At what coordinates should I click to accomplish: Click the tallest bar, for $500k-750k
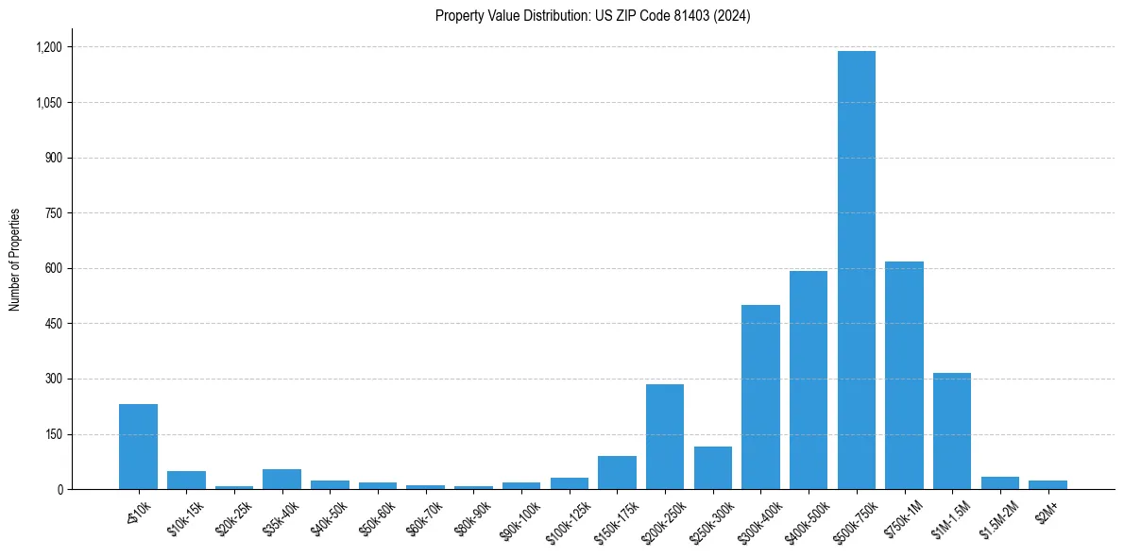tap(856, 270)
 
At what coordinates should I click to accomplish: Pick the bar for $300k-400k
tap(760, 397)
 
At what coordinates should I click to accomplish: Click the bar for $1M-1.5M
tap(951, 431)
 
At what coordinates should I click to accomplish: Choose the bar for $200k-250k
tap(665, 437)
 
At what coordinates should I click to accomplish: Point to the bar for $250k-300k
tap(713, 468)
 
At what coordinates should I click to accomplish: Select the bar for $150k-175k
tap(617, 473)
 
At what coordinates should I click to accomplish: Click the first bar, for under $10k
tap(138, 447)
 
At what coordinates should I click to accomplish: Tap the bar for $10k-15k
tap(186, 481)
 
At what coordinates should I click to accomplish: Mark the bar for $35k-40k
tap(281, 480)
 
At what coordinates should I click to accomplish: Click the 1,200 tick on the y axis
tap(48, 47)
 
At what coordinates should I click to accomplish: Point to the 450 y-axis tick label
tap(53, 324)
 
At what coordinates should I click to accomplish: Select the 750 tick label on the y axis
tap(53, 213)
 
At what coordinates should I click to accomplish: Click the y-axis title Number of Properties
tap(15, 260)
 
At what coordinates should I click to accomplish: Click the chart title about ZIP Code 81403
tap(592, 16)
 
